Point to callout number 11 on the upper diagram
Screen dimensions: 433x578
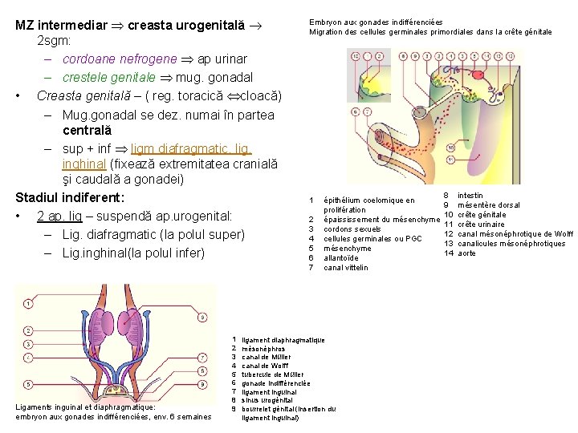point(450,160)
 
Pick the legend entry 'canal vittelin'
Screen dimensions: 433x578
point(345,268)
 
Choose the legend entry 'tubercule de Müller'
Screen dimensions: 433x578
point(273,374)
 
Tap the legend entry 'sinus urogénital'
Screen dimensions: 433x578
point(267,400)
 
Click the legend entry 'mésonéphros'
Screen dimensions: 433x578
point(262,349)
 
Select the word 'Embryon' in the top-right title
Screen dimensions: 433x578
point(325,22)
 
